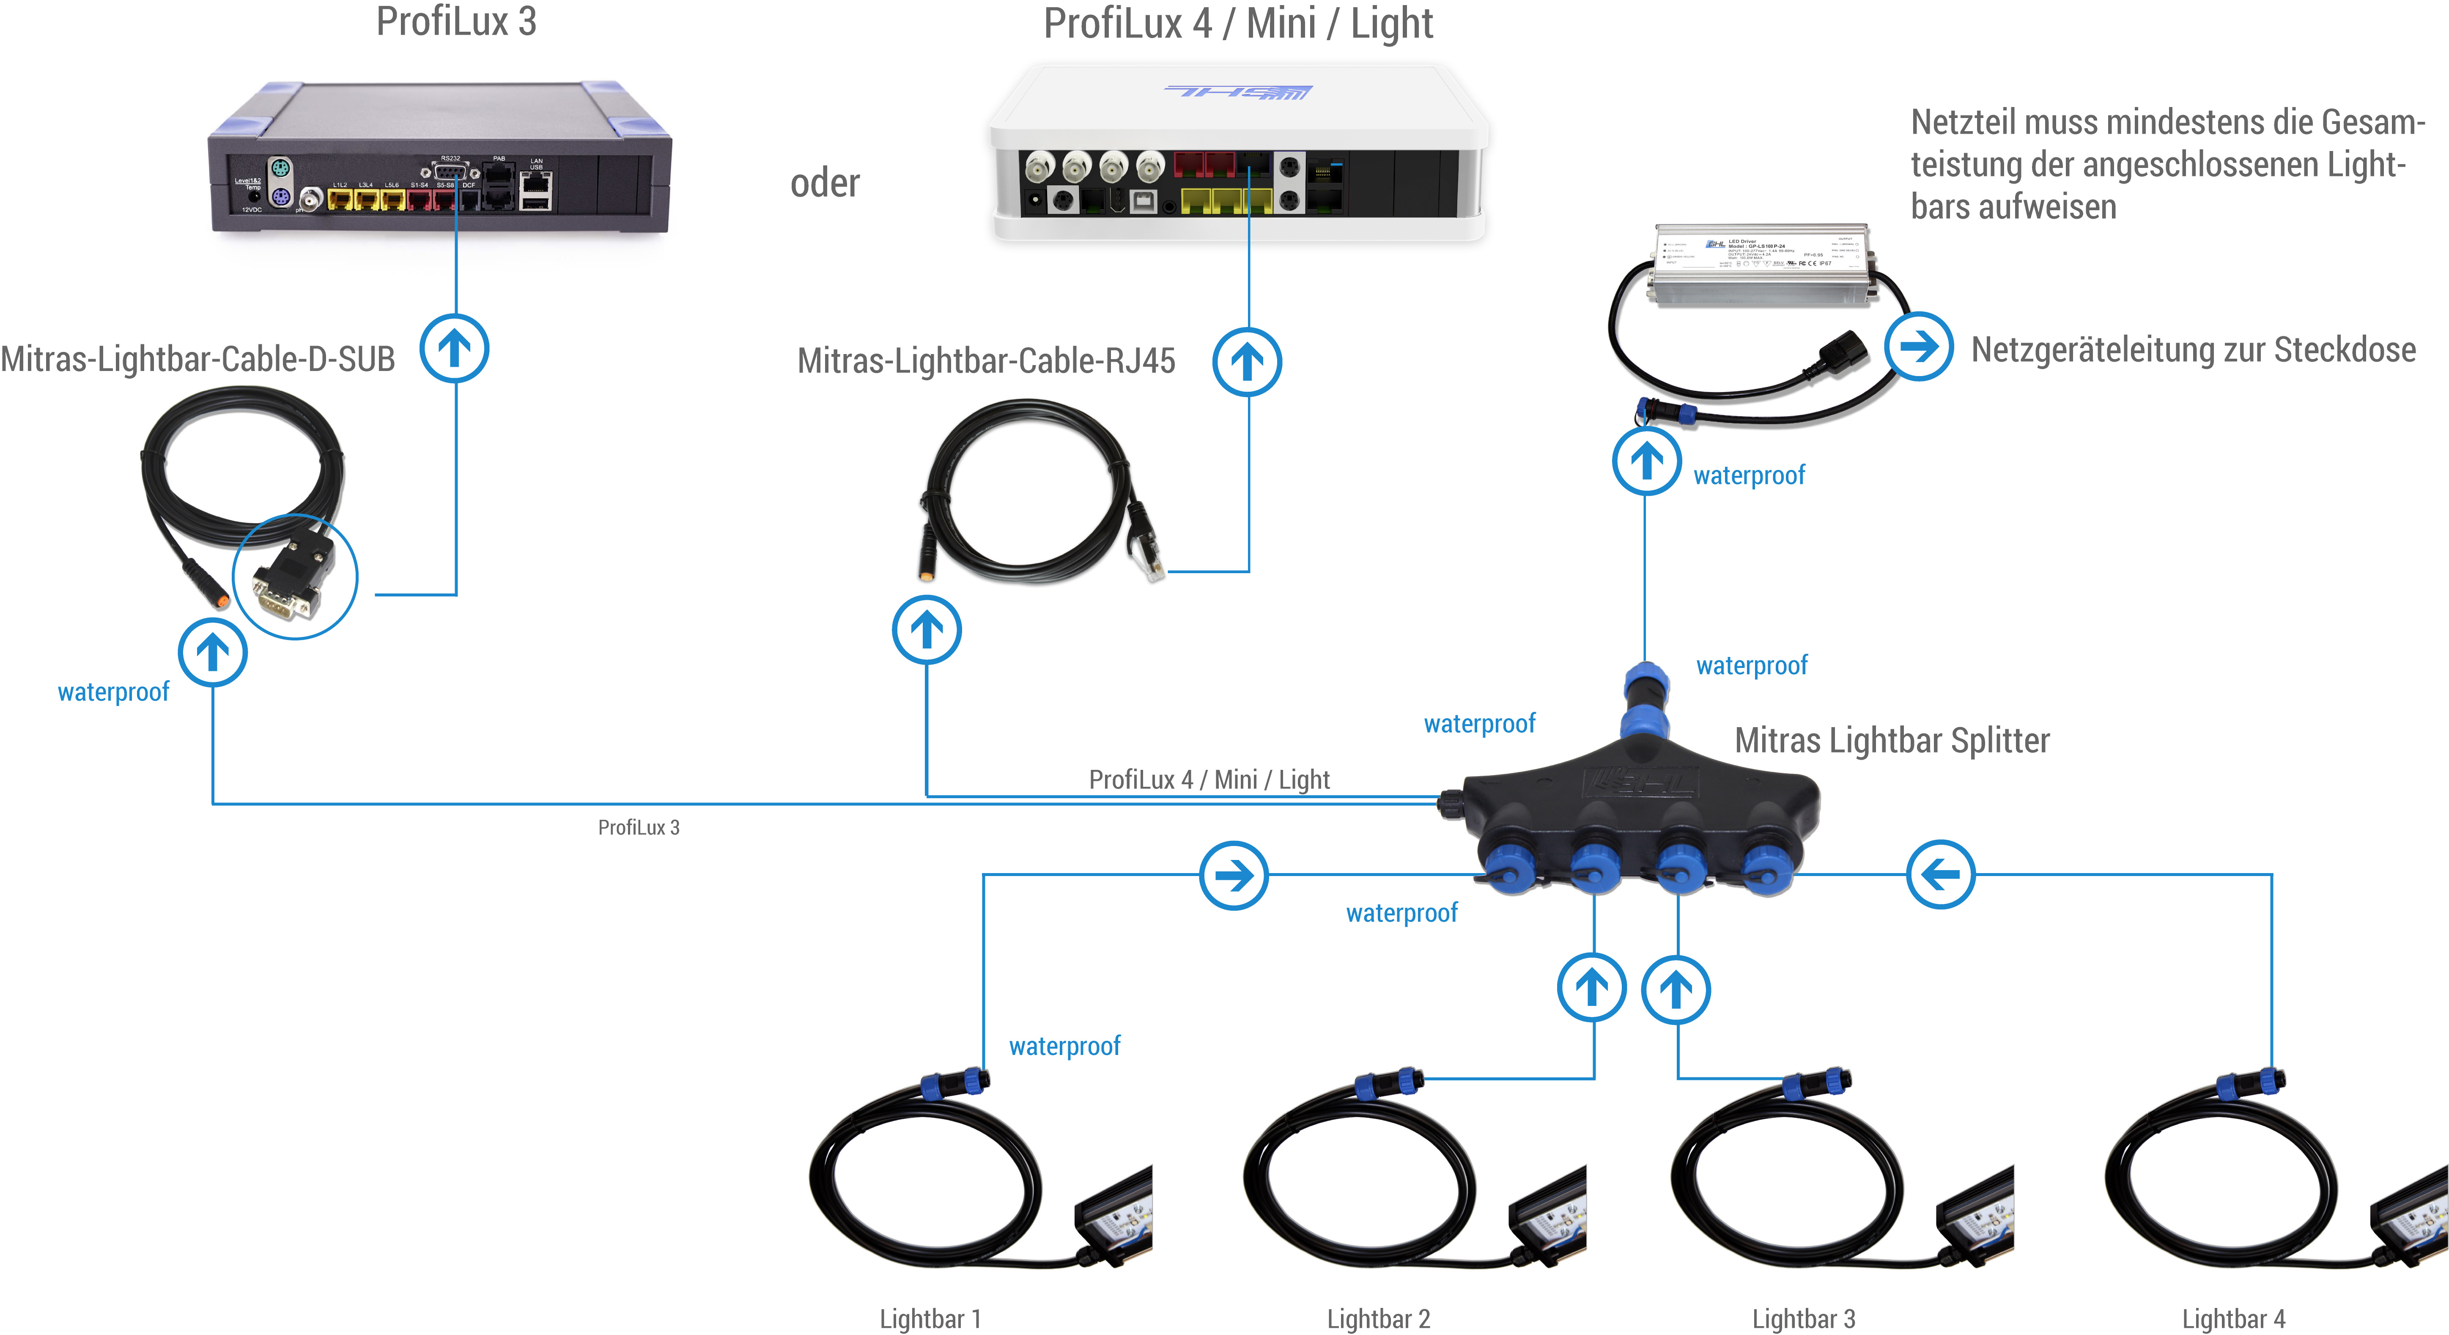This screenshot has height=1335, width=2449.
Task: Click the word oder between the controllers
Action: click(x=824, y=184)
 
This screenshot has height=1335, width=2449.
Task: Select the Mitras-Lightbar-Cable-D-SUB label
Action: click(x=198, y=360)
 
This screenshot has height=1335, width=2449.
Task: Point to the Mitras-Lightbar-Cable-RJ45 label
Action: click(x=986, y=361)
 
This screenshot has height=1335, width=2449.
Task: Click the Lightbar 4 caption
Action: click(x=2233, y=1319)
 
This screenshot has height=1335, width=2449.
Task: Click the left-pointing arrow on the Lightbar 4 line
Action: click(x=1940, y=874)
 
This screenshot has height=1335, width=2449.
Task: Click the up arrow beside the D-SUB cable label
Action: click(x=455, y=348)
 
